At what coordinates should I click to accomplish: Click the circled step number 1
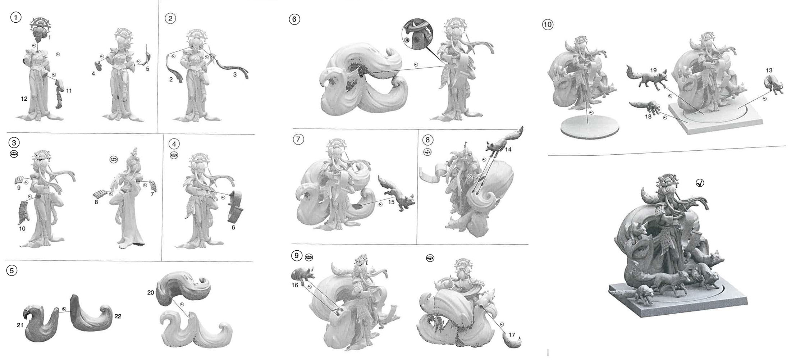point(15,17)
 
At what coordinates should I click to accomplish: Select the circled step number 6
point(294,19)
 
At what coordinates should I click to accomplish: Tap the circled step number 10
point(548,24)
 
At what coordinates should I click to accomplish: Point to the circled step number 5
point(12,270)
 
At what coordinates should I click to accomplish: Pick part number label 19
point(653,70)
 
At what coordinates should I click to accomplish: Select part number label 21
point(20,325)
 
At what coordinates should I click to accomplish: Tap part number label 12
point(24,98)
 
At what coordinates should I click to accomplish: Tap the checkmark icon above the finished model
point(700,183)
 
